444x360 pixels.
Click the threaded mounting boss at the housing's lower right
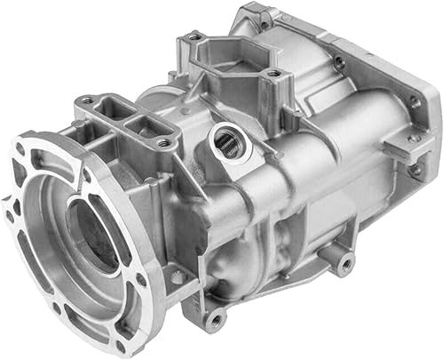click(341, 260)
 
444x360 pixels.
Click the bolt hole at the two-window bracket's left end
click(86, 101)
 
